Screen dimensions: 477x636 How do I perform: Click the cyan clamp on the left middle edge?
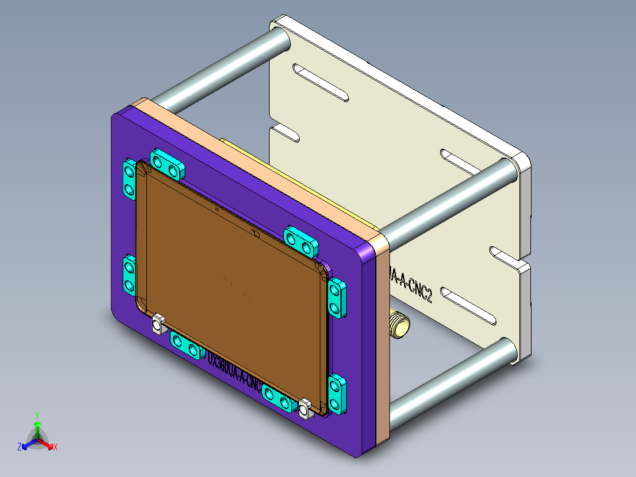(129, 276)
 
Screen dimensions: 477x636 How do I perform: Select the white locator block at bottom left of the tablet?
(158, 324)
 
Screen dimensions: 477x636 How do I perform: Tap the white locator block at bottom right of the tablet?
(304, 409)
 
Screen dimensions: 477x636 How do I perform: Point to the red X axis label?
(55, 447)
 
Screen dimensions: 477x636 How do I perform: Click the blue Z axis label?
(19, 447)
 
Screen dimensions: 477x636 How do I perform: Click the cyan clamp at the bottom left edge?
(185, 345)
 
